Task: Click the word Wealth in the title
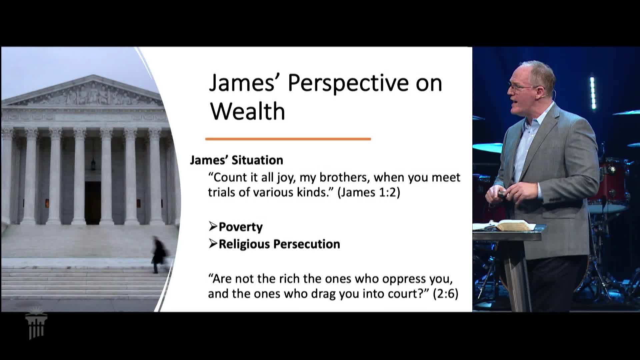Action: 248,111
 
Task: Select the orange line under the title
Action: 288,139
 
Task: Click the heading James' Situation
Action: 236,160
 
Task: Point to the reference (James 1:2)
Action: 369,193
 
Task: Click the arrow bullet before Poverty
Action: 213,227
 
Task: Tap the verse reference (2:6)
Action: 446,294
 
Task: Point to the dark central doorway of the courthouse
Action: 93,203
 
